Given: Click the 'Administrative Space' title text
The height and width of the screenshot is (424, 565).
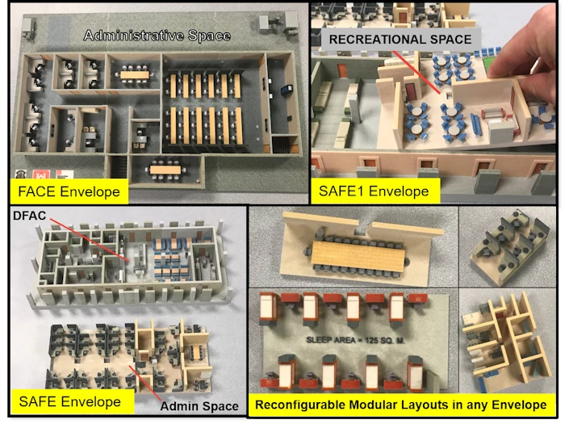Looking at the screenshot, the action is tap(157, 36).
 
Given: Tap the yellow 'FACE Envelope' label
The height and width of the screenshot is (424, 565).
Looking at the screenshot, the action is tap(69, 191).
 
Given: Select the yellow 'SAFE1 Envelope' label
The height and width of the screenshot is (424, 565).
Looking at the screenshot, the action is tap(375, 191).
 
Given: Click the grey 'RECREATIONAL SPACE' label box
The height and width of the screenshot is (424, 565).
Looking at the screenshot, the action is tap(400, 40).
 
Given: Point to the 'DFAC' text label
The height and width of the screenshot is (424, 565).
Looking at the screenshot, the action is tap(30, 216).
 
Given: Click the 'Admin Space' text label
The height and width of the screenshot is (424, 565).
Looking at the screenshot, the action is tap(199, 406).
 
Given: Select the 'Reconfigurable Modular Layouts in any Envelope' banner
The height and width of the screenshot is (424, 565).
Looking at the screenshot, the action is tap(400, 405).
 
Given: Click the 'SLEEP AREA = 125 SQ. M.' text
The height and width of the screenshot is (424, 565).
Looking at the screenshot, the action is tap(355, 340).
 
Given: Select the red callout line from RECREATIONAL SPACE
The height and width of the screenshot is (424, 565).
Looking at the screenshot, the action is tap(416, 72).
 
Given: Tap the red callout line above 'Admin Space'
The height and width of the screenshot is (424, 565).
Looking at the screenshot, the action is tap(144, 383).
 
